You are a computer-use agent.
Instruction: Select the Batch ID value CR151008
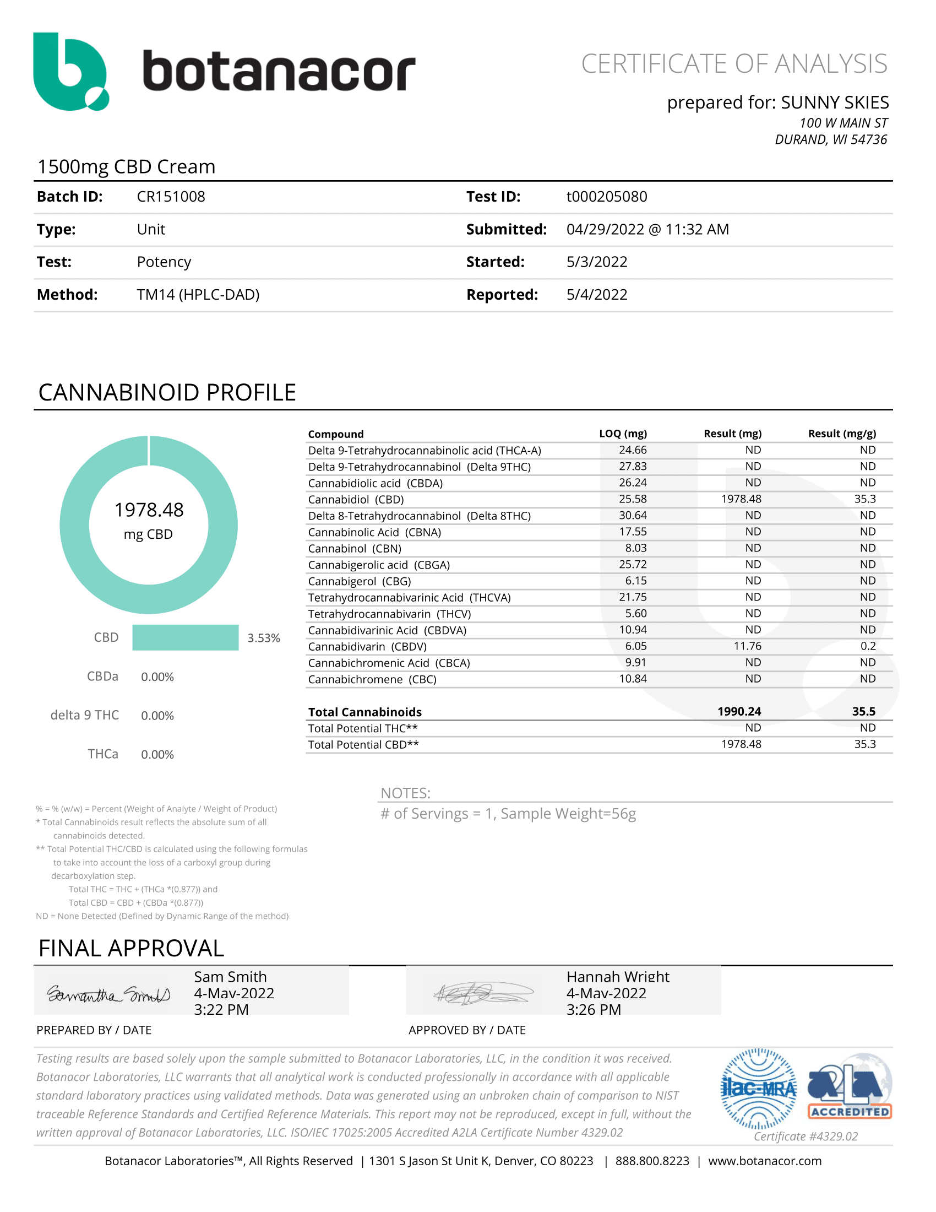click(171, 197)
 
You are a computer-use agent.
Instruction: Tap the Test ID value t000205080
click(607, 197)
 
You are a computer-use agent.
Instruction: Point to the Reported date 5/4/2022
click(597, 295)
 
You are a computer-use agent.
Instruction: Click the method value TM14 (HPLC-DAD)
click(198, 295)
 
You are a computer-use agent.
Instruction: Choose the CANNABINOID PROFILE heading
click(167, 393)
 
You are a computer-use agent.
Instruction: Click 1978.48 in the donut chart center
click(149, 510)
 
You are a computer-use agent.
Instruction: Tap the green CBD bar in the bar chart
click(185, 637)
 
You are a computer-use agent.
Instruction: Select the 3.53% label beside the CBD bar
click(263, 638)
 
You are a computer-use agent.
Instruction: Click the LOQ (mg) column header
click(623, 434)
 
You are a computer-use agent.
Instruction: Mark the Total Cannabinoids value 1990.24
click(739, 712)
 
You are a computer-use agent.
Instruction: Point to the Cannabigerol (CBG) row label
click(360, 582)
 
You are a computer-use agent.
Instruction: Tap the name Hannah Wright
click(618, 977)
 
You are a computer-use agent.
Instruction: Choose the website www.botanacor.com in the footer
click(765, 1161)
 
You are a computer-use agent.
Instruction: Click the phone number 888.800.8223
click(652, 1161)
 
